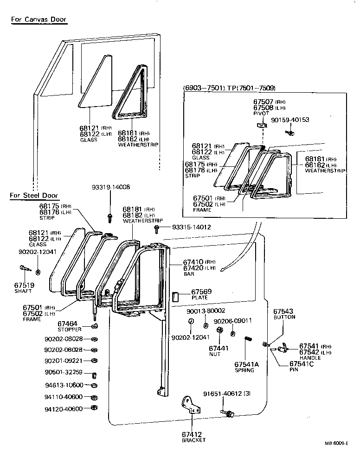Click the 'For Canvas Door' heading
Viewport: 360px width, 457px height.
coord(39,19)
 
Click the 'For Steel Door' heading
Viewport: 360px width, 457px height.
coord(34,195)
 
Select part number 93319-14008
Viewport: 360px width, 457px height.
coord(110,187)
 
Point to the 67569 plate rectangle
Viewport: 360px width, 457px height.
coord(176,297)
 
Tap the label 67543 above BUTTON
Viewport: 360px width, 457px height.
coord(283,311)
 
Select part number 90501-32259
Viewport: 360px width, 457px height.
coord(64,372)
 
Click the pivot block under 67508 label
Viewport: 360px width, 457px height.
coord(260,125)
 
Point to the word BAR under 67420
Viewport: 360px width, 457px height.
coord(189,274)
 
